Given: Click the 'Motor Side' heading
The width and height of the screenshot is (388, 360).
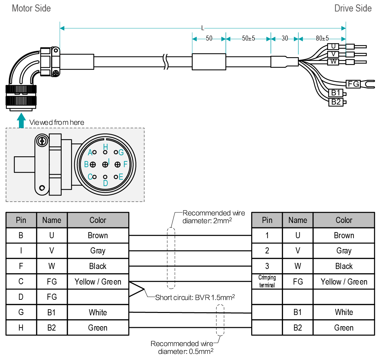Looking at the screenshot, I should (31, 8).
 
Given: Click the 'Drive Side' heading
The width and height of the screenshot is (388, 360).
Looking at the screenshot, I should (353, 8).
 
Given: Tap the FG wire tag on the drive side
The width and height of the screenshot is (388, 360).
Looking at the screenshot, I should (353, 83).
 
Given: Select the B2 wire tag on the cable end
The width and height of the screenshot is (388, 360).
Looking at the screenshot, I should (336, 102).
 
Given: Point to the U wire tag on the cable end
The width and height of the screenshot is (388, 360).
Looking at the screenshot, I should (333, 46).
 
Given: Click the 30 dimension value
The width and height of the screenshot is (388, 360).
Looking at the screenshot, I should (285, 38).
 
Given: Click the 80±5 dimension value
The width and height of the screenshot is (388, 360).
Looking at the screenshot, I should (322, 38).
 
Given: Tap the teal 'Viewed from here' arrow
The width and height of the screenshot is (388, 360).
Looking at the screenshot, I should (21, 121).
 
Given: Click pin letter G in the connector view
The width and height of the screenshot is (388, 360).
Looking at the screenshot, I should (121, 153).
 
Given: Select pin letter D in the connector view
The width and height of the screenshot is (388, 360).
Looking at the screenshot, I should (105, 183).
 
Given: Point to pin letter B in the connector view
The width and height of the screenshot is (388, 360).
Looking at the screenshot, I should (86, 164).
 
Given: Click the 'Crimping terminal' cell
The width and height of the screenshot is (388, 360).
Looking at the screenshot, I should (267, 282).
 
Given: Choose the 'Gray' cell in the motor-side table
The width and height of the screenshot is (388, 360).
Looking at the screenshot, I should (98, 251).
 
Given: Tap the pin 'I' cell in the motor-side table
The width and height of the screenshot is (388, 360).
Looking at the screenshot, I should (21, 251).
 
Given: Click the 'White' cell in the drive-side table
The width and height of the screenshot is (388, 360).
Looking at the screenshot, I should (344, 312).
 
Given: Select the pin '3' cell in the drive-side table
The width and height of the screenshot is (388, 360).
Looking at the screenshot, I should (267, 266).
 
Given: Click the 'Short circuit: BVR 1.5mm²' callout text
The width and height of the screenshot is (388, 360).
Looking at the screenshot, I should (195, 298).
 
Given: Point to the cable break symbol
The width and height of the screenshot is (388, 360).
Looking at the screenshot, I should (166, 62).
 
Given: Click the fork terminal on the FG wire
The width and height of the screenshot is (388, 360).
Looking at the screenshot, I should (369, 83).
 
